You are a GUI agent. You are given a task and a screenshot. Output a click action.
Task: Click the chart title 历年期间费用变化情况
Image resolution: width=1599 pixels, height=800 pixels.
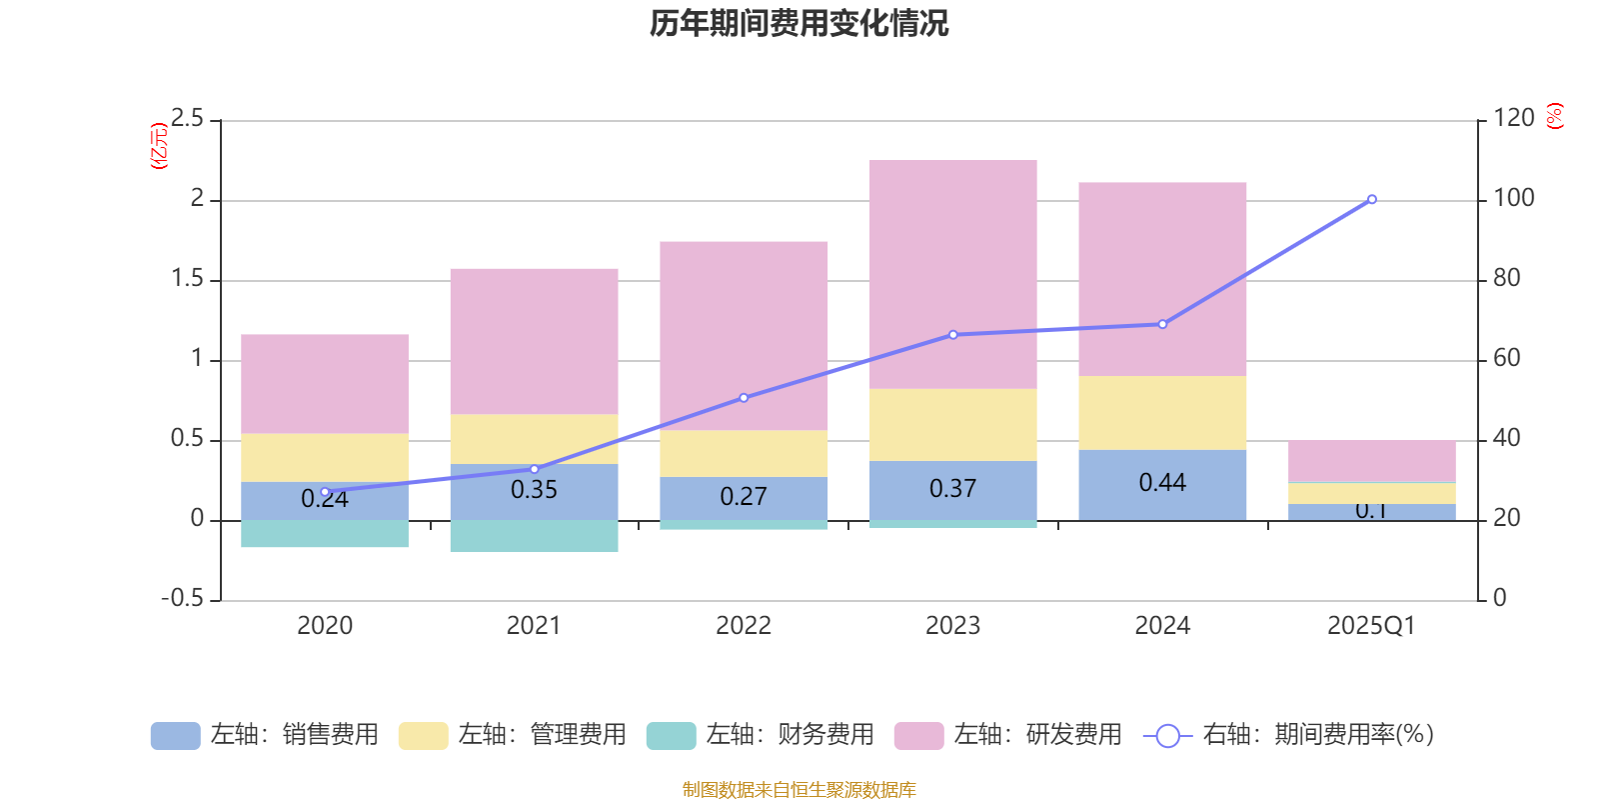tap(799, 24)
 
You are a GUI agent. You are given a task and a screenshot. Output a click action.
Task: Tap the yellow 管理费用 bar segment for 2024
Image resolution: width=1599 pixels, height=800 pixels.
tap(1162, 413)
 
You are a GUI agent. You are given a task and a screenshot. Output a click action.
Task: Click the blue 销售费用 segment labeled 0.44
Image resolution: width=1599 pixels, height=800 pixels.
tap(1162, 484)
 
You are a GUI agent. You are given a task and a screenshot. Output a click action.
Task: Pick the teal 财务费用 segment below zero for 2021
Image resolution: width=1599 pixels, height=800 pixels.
tap(534, 536)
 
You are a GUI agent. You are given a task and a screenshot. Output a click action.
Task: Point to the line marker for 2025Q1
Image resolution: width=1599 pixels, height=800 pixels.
tap(1371, 200)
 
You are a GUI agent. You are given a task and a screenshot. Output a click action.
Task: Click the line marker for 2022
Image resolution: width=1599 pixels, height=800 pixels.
tap(744, 398)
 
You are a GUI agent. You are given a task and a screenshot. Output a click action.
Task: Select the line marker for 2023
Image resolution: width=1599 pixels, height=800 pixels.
tap(952, 335)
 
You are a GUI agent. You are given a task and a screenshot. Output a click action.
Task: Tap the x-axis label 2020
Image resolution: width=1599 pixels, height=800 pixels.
tap(325, 626)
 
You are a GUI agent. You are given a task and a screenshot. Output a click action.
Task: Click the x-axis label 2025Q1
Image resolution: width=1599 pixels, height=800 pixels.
tap(1371, 626)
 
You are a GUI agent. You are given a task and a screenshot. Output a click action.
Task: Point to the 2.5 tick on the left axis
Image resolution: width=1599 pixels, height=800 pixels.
tap(187, 119)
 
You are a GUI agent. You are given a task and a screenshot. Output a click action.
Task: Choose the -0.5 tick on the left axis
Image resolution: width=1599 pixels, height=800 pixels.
tap(183, 598)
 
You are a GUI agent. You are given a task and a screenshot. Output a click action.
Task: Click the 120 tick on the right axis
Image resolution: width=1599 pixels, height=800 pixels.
tap(1513, 118)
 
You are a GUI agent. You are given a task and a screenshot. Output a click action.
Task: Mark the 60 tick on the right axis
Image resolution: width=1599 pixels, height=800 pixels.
tap(1506, 358)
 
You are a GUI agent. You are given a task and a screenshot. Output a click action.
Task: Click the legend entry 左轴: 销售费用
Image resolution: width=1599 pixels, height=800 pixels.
tap(265, 735)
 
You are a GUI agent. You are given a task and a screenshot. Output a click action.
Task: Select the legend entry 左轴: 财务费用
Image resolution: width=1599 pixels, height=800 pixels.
tap(761, 735)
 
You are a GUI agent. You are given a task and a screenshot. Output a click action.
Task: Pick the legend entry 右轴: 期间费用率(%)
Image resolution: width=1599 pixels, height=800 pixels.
tap(1288, 735)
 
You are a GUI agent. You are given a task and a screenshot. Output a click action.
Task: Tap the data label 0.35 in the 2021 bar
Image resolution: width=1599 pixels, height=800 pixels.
tap(534, 490)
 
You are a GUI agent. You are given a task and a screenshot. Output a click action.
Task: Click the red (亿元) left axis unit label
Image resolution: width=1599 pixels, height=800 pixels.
tap(158, 146)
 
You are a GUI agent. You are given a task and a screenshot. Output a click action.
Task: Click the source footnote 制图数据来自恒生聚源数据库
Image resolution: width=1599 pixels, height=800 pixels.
tap(799, 790)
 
